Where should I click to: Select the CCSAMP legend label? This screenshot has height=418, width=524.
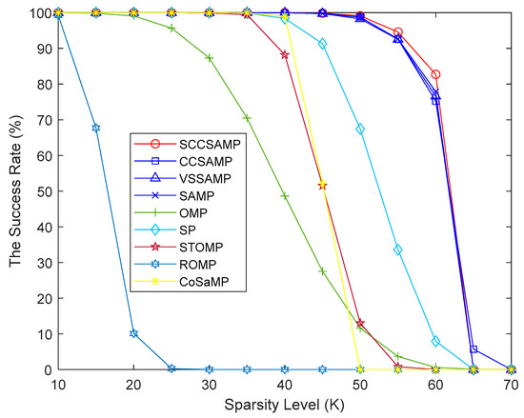point(196,163)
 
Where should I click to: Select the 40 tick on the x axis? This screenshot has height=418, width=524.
point(285,383)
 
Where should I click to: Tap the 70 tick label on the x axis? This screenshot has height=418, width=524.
point(512,383)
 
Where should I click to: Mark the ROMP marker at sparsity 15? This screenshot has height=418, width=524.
point(95,128)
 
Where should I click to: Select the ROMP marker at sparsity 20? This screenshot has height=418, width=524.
point(133,334)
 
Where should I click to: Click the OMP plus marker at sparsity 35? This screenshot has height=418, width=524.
point(247,118)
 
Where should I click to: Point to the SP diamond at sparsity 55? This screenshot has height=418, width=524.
point(398,249)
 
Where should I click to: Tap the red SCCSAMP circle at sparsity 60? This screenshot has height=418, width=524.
point(436,74)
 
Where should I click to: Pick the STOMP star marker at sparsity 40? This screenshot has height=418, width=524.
point(285,55)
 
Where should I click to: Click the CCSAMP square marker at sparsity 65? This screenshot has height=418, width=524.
point(474,349)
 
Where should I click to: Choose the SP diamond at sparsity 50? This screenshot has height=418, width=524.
point(360,129)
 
